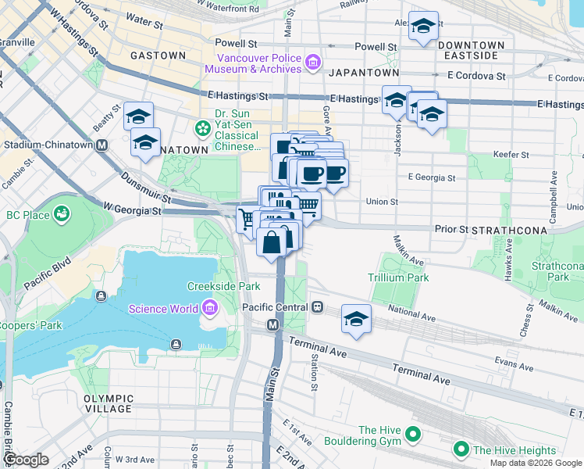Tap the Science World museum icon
click(x=209, y=309)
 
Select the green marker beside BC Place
click(x=61, y=213)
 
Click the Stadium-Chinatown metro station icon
click(x=101, y=145)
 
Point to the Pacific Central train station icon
click(x=317, y=307)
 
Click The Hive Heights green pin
click(x=461, y=450)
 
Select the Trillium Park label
click(x=398, y=277)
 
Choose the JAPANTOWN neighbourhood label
click(x=364, y=72)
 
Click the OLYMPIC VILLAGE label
click(x=109, y=403)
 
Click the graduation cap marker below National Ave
click(x=356, y=320)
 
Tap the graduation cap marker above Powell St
click(x=423, y=27)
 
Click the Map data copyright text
click(x=536, y=463)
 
